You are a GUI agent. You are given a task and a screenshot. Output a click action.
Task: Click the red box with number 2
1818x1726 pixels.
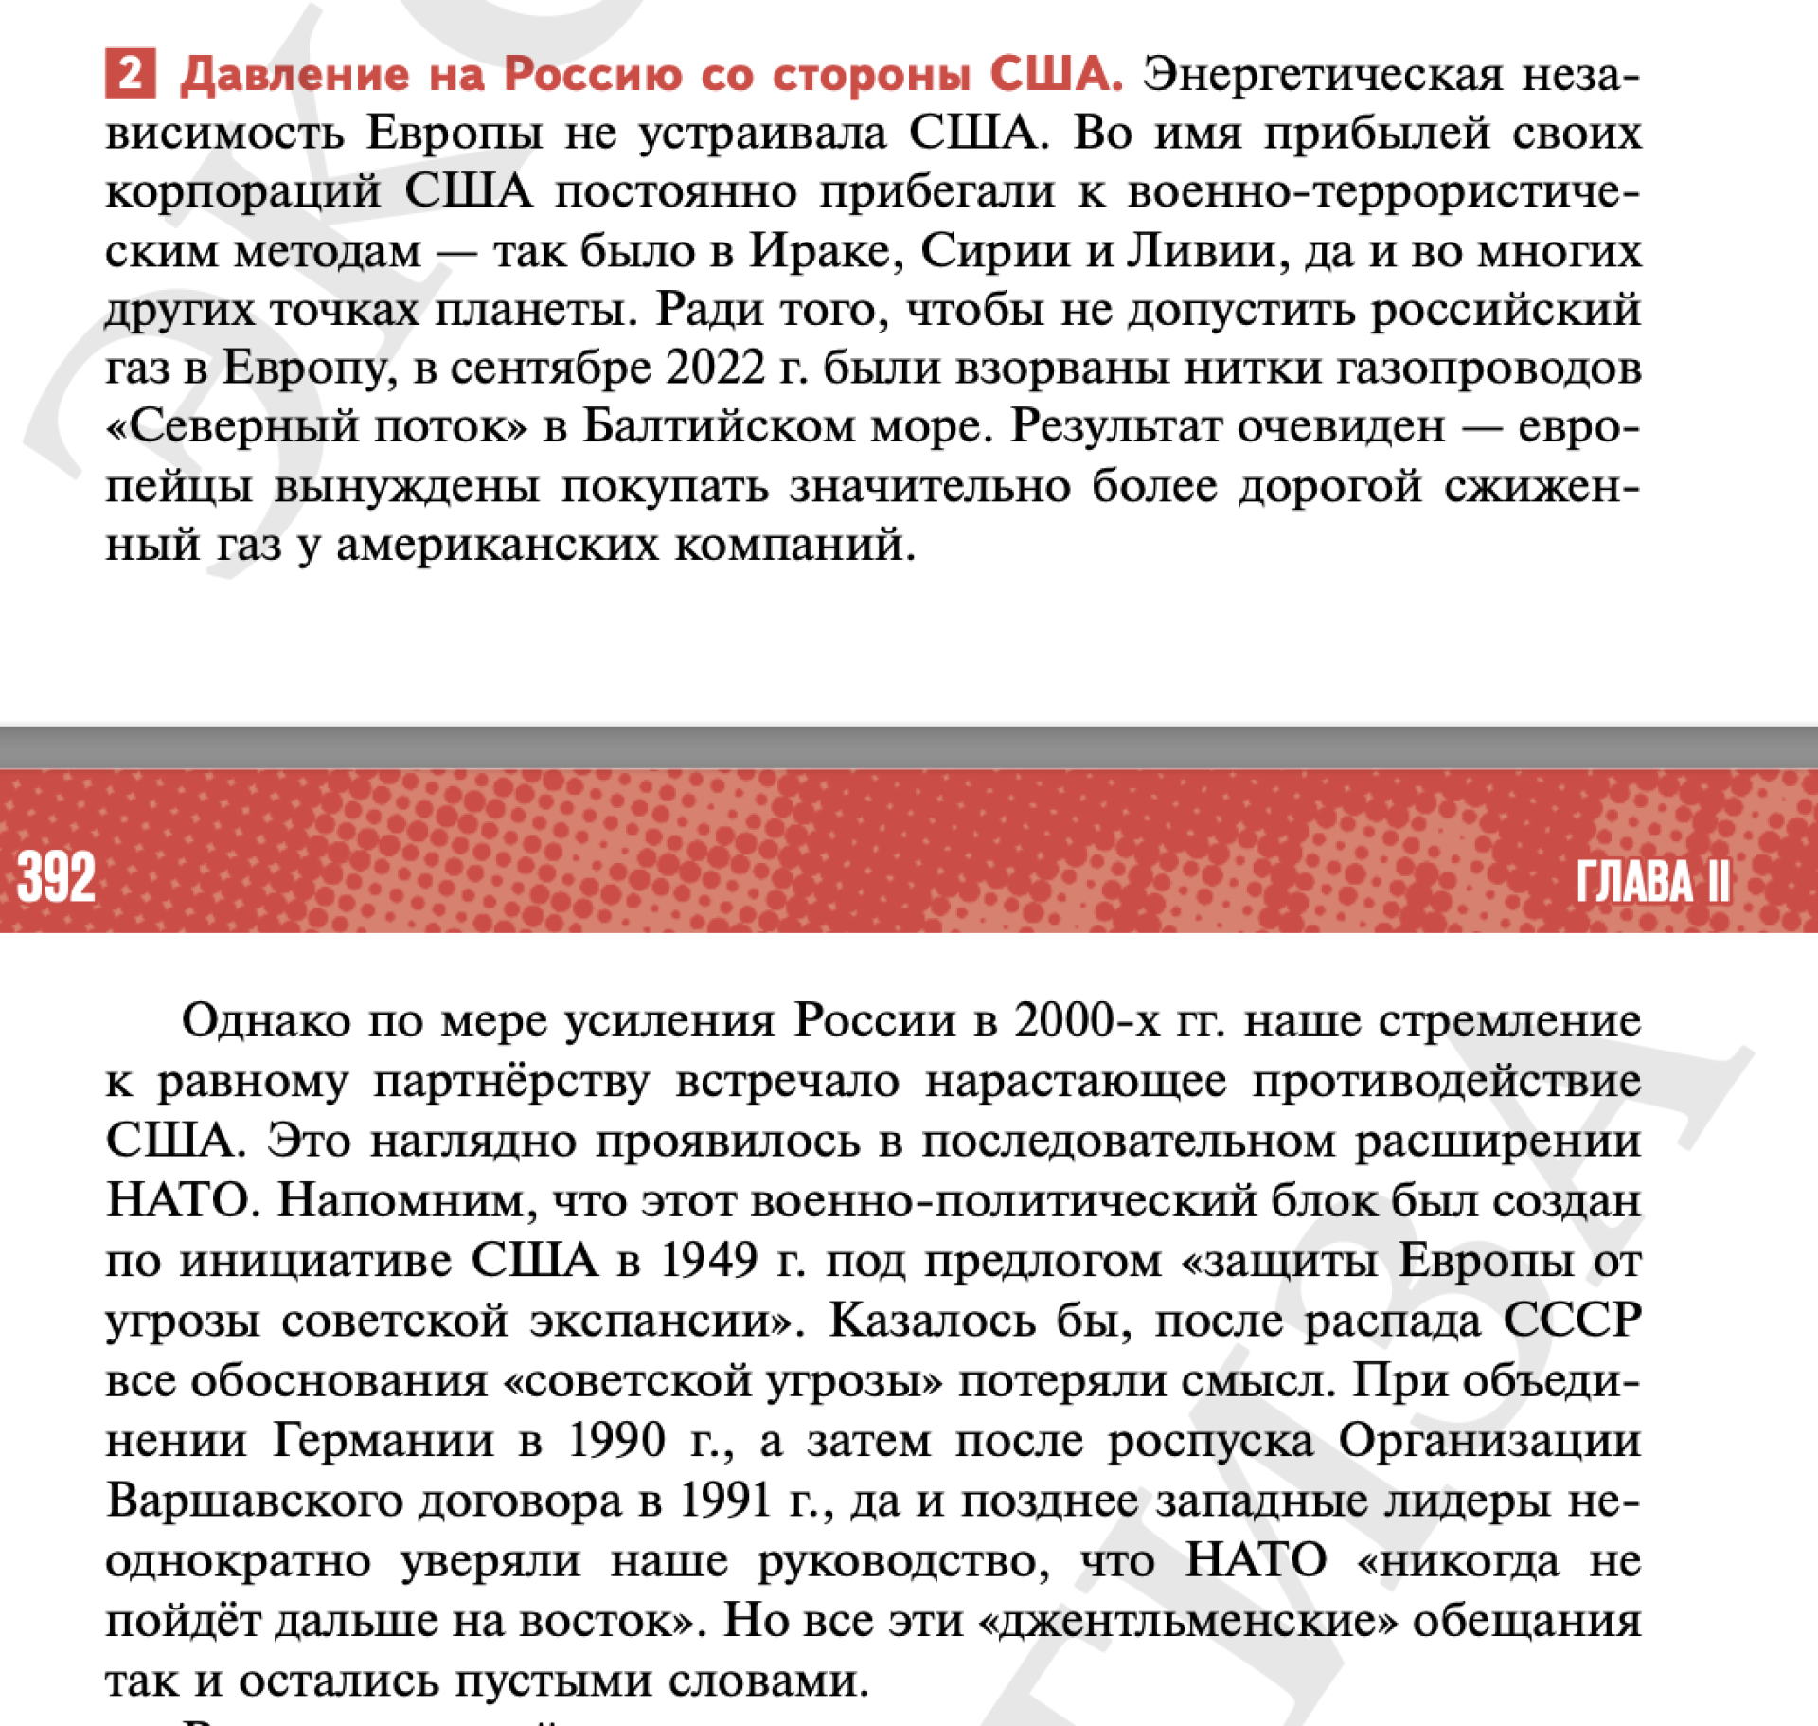130,74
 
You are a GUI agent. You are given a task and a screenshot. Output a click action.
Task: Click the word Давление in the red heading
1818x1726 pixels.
294,74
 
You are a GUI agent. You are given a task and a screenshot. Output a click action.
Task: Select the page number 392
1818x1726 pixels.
56,877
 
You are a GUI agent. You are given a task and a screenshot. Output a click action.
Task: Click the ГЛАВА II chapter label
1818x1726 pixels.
1652,882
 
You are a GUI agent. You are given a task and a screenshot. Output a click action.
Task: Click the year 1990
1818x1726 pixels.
616,1441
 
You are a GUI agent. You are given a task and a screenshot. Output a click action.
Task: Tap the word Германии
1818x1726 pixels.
383,1441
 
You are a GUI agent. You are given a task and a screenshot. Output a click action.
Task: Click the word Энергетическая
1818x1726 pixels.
1322,74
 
